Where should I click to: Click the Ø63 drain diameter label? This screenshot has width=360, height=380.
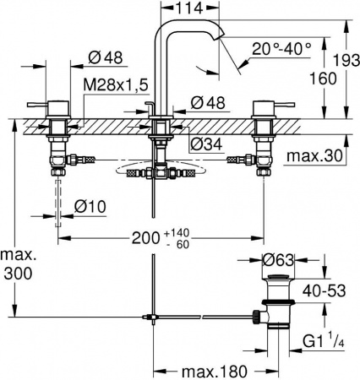[278, 260]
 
